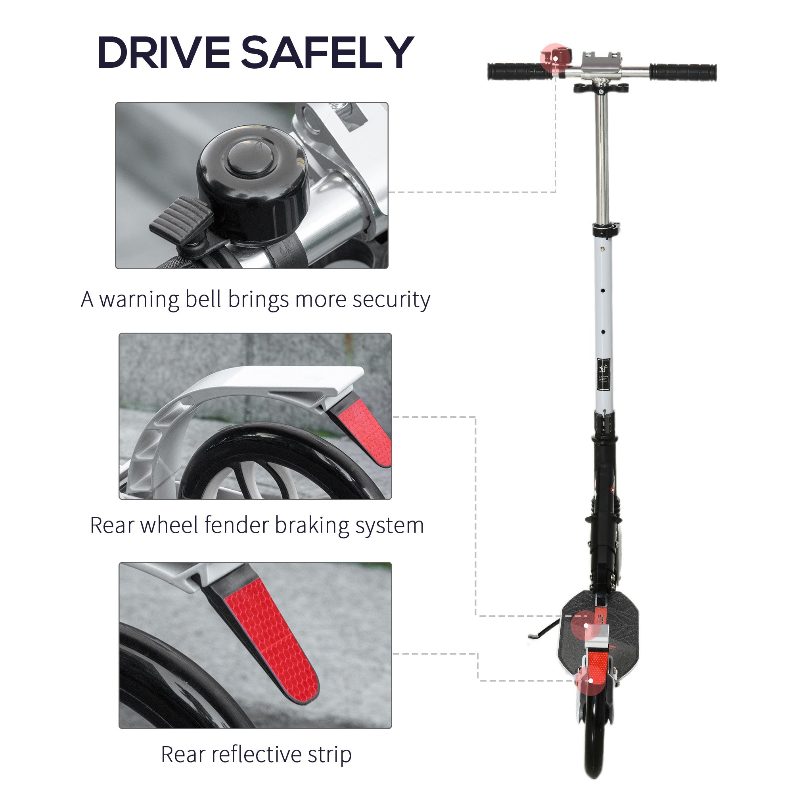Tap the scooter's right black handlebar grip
pyautogui.click(x=683, y=71)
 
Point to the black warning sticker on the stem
pyautogui.click(x=603, y=374)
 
